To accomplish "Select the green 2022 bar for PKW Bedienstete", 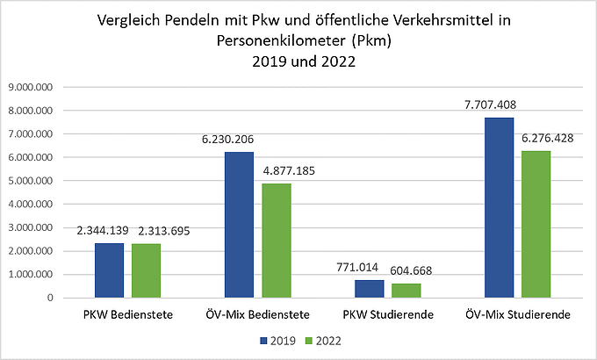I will click(x=146, y=270).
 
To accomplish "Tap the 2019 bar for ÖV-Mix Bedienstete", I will click(x=239, y=225).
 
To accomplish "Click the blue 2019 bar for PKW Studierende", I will click(x=370, y=289).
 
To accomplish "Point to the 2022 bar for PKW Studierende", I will click(x=406, y=291).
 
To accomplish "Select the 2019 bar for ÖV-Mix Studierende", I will click(x=500, y=207).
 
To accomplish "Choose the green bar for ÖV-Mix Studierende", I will click(x=536, y=224).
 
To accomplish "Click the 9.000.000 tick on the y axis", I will click(x=32, y=88).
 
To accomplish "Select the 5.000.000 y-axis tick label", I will click(x=32, y=181).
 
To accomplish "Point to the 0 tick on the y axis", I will click(x=51, y=298).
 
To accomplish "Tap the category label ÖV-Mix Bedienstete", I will click(x=257, y=313).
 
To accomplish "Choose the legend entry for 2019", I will click(x=274, y=340).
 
